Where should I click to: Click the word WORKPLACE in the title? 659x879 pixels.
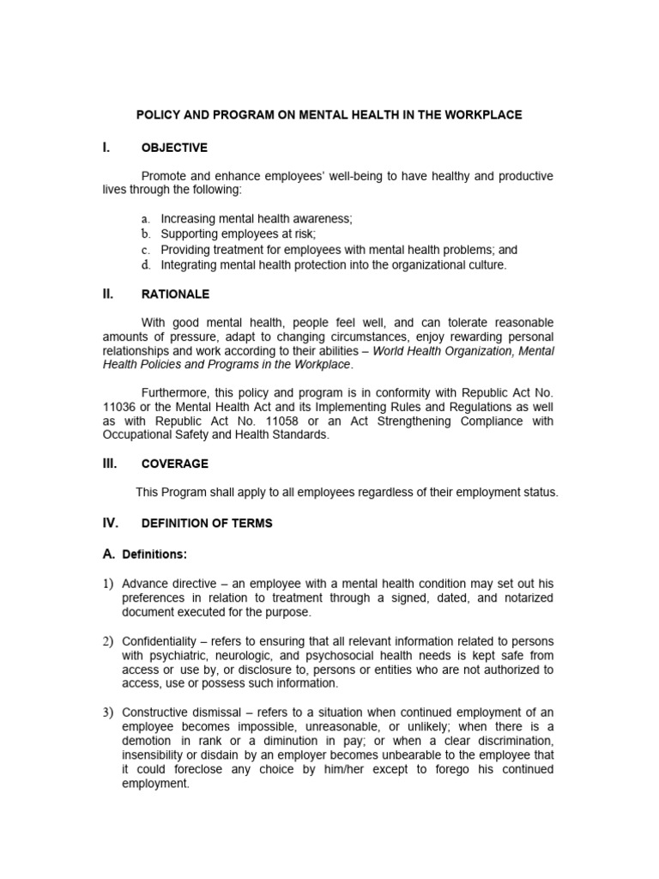(482, 115)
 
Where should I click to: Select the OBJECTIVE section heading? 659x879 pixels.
(174, 148)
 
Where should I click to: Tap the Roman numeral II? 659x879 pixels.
(108, 294)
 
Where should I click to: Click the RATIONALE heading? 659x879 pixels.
(175, 294)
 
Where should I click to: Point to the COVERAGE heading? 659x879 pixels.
(174, 464)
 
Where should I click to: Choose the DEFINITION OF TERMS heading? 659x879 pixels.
(207, 524)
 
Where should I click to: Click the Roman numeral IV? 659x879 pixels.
(110, 523)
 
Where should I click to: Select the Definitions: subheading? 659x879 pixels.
(154, 554)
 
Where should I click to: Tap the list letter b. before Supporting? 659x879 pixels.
(146, 234)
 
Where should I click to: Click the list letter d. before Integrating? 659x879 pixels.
(146, 265)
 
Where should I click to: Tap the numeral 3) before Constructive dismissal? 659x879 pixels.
(109, 712)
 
